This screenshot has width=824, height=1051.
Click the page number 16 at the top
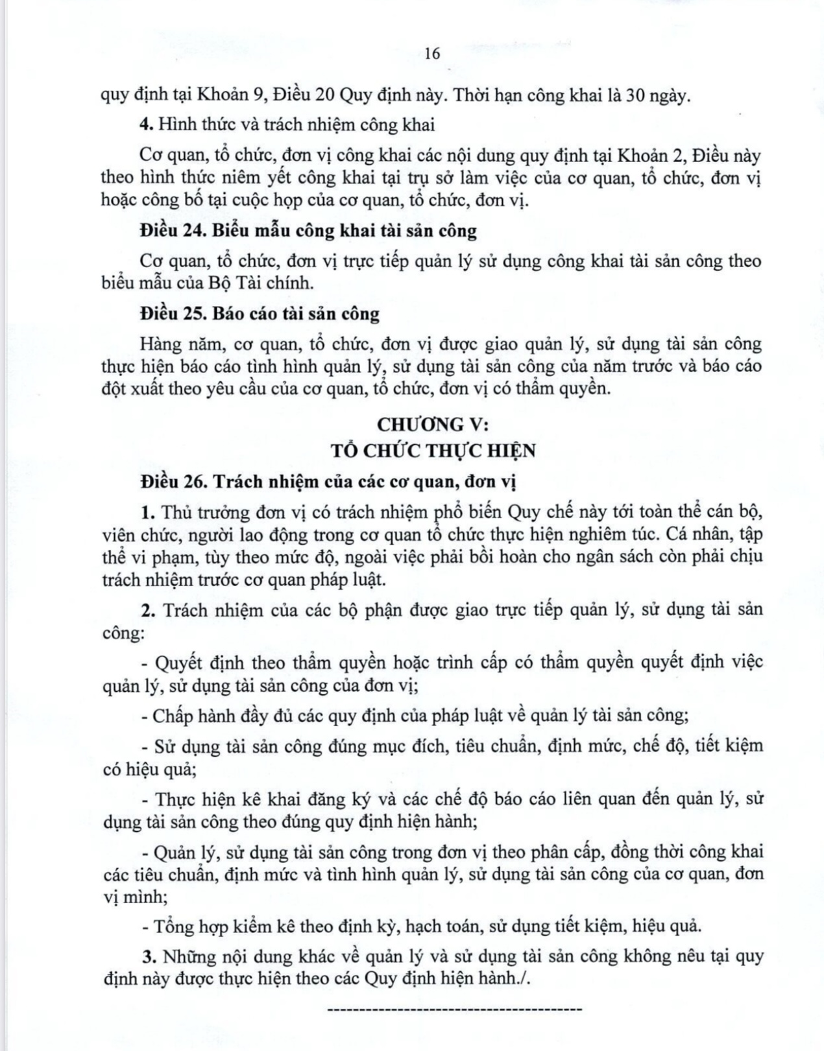pyautogui.click(x=432, y=54)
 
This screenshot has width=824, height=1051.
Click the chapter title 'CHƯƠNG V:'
pyautogui.click(x=432, y=424)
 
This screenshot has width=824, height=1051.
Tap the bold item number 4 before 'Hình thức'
pyautogui.click(x=146, y=124)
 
